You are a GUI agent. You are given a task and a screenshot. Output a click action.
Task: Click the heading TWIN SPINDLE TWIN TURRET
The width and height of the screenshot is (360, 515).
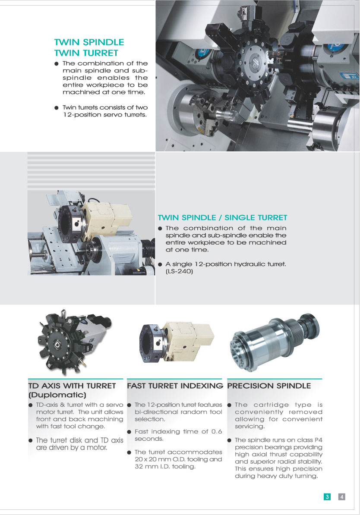pyautogui.click(x=89, y=47)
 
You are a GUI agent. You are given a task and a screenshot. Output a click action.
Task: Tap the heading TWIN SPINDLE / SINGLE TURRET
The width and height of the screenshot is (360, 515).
pyautogui.click(x=223, y=217)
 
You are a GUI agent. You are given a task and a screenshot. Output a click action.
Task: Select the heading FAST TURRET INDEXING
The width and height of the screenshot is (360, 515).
pyautogui.click(x=175, y=386)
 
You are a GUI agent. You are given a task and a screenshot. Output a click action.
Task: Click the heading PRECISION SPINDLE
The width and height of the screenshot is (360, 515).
pyautogui.click(x=269, y=386)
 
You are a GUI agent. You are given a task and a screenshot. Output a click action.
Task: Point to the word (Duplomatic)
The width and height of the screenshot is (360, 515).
pyautogui.click(x=57, y=395)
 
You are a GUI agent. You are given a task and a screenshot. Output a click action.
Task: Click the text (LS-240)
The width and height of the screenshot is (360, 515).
pyautogui.click(x=179, y=271)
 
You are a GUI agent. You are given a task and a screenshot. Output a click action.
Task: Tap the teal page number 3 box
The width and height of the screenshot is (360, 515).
pyautogui.click(x=327, y=496)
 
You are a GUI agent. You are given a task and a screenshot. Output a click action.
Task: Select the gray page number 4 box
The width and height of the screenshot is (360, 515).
pyautogui.click(x=341, y=496)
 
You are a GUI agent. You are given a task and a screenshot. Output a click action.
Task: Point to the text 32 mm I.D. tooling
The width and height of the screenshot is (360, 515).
pyautogui.click(x=165, y=466)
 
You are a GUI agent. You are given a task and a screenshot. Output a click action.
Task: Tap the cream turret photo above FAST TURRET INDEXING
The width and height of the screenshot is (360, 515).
pyautogui.click(x=176, y=342)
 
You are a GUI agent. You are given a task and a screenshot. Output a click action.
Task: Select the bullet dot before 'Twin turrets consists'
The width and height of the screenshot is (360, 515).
pyautogui.click(x=57, y=108)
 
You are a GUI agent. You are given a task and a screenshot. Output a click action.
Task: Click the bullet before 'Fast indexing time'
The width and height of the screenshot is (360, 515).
pyautogui.click(x=129, y=432)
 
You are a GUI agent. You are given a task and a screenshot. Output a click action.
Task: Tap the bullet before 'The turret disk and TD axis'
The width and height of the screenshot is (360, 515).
pyautogui.click(x=31, y=440)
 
